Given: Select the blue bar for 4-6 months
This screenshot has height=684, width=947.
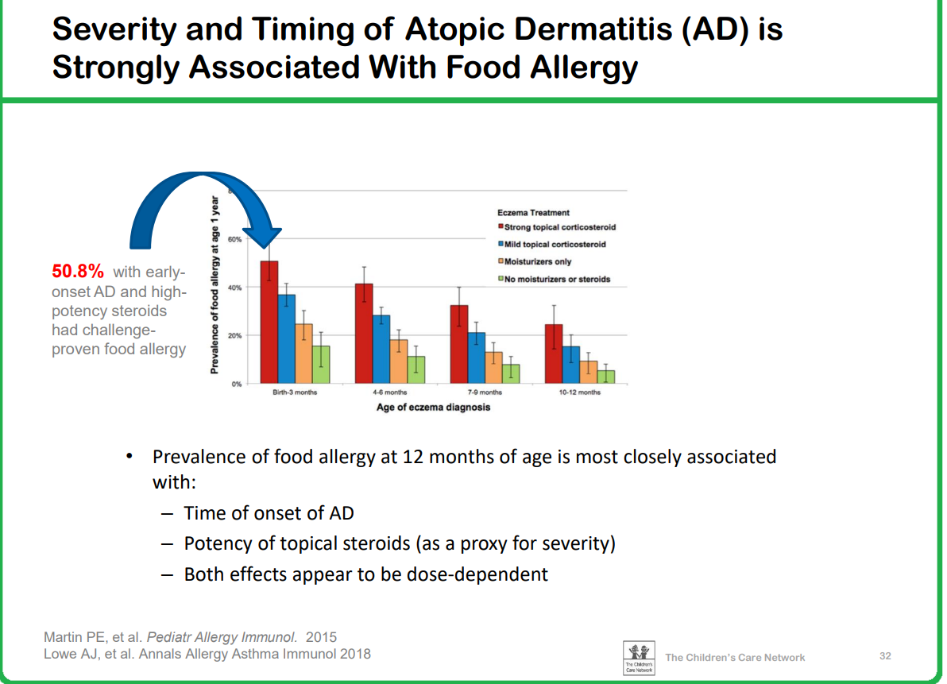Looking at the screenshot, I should pos(381,349).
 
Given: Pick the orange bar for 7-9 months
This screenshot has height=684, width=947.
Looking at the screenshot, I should pos(493,367).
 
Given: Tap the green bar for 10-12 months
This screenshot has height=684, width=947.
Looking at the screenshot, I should pos(606,376).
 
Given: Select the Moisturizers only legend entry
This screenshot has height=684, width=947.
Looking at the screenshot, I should pos(537,262).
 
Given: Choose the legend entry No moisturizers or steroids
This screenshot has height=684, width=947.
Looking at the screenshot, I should pos(556,280).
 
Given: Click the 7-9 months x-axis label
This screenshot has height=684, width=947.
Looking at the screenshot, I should pos(485,393).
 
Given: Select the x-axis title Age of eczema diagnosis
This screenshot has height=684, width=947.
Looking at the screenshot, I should pos(433,408).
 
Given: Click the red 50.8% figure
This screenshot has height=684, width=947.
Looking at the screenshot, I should pos(78,272).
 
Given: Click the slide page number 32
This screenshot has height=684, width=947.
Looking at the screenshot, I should pos(885,656).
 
